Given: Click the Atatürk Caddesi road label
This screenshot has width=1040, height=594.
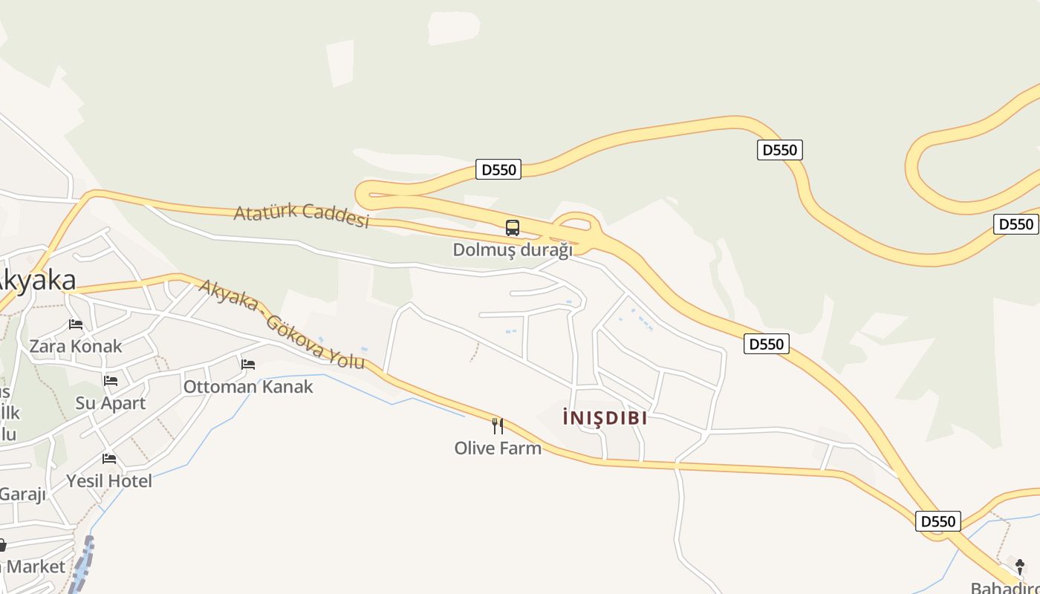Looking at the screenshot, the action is click(302, 214).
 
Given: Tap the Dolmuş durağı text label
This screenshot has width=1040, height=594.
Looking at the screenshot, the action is click(513, 249).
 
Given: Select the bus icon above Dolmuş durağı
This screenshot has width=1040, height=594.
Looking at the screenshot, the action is click(513, 228).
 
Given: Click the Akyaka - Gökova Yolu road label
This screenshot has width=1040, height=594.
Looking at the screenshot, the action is click(282, 324).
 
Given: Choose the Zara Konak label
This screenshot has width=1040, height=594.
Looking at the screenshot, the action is click(76, 346).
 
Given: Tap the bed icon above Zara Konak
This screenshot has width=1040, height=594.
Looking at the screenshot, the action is click(76, 324).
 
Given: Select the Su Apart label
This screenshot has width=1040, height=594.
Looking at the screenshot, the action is click(111, 403).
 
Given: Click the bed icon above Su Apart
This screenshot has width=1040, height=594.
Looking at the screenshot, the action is click(111, 381).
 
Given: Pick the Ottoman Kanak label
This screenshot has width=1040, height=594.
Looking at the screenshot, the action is click(248, 387).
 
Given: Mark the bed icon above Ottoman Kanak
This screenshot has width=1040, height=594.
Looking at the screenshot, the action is click(248, 365).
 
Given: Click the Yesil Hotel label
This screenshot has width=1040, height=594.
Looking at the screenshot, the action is click(109, 481).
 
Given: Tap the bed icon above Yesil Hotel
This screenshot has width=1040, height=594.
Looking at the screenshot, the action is click(109, 459).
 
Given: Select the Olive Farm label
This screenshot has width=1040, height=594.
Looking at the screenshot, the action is click(498, 448).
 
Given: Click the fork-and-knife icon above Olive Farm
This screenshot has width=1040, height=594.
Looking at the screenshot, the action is click(498, 426).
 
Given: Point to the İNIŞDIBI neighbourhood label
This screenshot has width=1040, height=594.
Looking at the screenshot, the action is click(605, 418).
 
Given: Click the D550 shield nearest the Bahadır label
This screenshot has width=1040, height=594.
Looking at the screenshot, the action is click(937, 521).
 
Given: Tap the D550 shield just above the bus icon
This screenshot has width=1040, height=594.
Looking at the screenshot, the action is click(498, 169).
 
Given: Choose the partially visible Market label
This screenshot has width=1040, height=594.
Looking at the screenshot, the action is click(35, 567).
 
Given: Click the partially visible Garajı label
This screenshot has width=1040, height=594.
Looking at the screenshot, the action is click(22, 495).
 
